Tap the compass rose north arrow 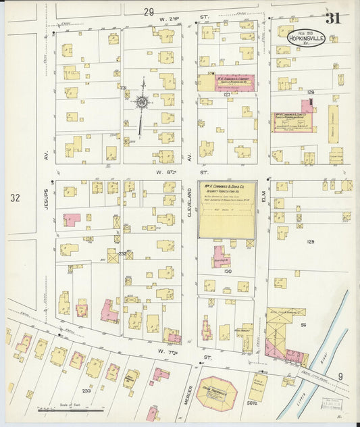coord(142,103)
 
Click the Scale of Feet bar coord(71,409)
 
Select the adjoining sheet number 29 coord(149,11)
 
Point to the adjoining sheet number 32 coord(16,198)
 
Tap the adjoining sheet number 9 coord(340,376)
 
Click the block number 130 coord(228,271)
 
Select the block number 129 coord(311,241)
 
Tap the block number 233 coord(86,391)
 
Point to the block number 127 coord(228,95)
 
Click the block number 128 coord(311,91)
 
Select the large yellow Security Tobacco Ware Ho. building coord(226,209)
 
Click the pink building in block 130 coord(220,257)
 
